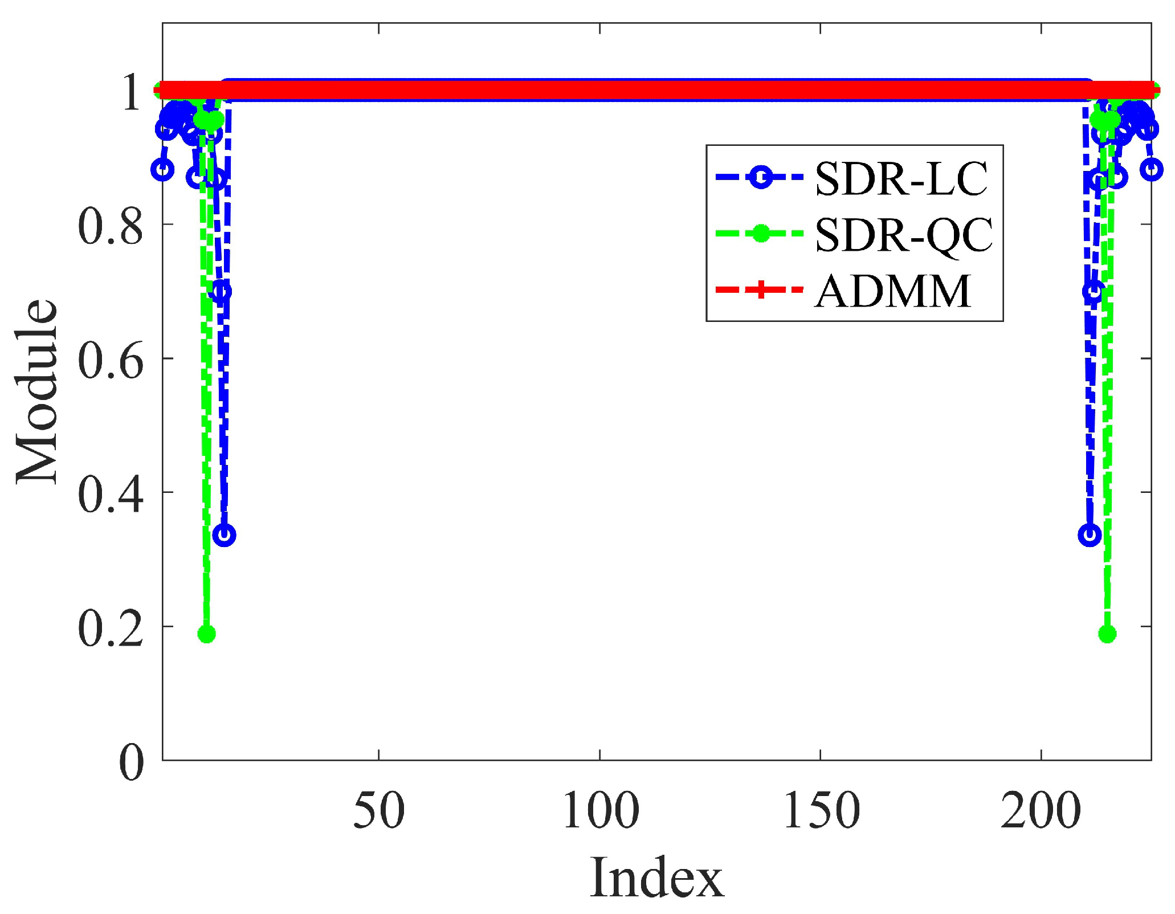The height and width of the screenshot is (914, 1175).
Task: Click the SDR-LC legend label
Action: click(901, 179)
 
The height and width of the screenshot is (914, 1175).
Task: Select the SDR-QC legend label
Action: click(904, 235)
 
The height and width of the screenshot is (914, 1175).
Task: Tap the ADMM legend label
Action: click(892, 291)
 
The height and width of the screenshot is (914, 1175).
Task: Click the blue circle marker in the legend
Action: click(760, 178)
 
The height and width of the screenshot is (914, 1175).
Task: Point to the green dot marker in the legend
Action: click(760, 234)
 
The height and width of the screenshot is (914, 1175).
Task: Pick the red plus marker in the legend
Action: click(760, 289)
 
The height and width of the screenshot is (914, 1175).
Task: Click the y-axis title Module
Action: click(38, 391)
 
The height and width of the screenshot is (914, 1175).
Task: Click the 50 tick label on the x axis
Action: click(379, 810)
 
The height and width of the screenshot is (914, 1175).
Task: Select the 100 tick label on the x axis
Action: click(600, 810)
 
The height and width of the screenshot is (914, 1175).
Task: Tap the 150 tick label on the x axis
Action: click(821, 810)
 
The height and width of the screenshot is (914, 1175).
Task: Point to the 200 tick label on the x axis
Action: click(1041, 810)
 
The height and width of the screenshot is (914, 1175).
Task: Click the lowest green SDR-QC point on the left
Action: click(206, 634)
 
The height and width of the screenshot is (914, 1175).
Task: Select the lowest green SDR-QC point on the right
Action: click(1107, 634)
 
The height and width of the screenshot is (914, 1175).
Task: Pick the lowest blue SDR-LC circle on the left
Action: click(225, 535)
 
